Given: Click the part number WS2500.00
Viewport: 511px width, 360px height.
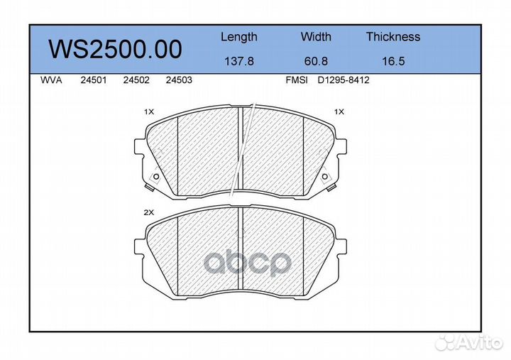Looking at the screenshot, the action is click(116, 50).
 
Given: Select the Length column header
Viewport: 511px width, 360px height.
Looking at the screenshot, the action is click(239, 37).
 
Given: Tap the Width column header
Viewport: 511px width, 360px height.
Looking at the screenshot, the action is click(316, 36).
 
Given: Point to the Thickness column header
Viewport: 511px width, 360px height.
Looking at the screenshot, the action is click(393, 36).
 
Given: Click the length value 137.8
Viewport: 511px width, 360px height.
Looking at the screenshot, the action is click(239, 61).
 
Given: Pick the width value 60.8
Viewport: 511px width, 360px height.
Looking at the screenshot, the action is click(316, 61).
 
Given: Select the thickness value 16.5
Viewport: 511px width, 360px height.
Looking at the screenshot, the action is click(393, 61).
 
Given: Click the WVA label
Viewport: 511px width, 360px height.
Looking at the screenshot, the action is click(51, 80).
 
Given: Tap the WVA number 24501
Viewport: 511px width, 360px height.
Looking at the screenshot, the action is click(94, 80).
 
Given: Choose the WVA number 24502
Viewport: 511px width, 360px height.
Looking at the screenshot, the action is click(136, 80).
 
